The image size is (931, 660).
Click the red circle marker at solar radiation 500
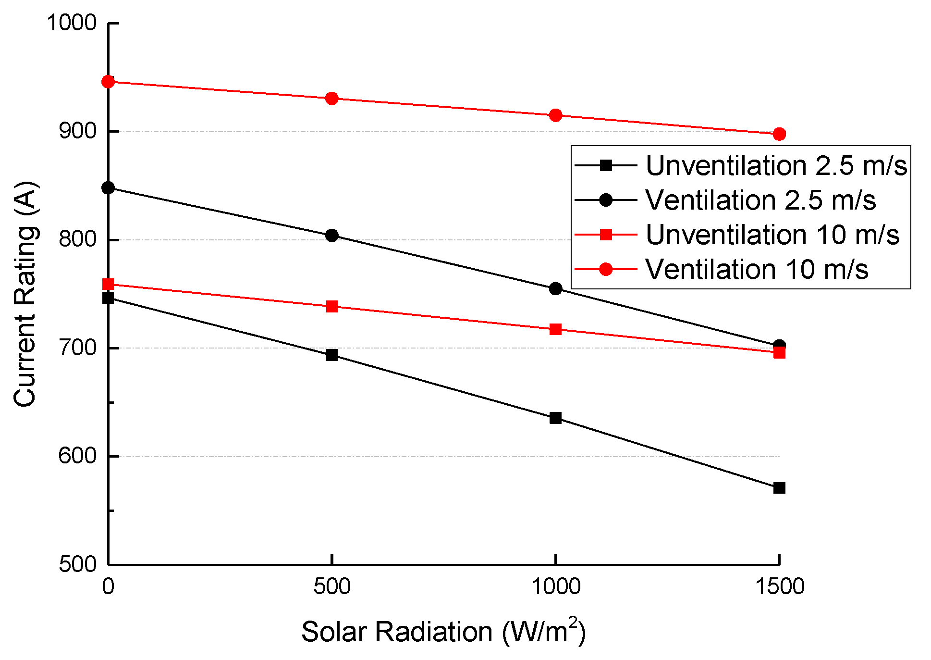click(x=332, y=99)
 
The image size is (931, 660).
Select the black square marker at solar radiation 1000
click(x=555, y=418)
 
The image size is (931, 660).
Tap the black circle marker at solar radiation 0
click(x=109, y=187)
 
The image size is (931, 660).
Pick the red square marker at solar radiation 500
click(x=332, y=307)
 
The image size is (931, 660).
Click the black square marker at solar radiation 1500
click(x=779, y=488)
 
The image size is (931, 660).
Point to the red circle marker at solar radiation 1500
click(x=779, y=134)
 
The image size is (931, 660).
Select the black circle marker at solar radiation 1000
click(x=555, y=288)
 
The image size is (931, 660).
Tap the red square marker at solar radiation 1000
click(x=555, y=329)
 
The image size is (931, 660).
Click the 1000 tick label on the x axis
click(x=555, y=586)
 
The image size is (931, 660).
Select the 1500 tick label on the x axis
click(x=779, y=586)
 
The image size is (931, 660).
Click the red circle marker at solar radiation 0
click(x=109, y=82)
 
